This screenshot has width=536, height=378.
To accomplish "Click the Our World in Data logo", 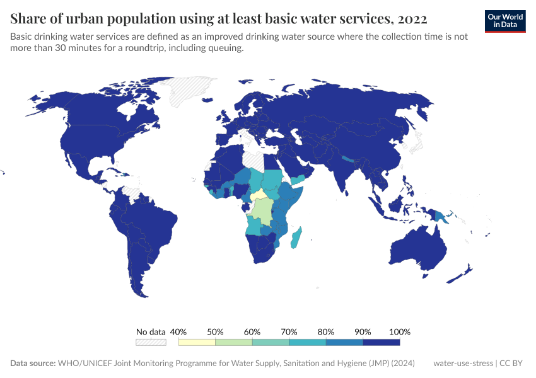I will (x=504, y=21).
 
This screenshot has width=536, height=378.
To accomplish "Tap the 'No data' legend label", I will (x=151, y=331).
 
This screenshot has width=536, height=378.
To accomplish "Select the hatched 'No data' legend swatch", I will (x=151, y=342).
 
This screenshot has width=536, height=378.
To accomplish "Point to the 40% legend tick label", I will (x=178, y=331).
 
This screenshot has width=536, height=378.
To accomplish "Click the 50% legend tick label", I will (x=216, y=331).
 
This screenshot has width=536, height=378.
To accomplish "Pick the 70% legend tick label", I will (x=289, y=331).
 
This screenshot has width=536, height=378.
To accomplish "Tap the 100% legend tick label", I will (x=400, y=331).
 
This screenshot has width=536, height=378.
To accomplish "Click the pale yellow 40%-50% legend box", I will (x=197, y=342).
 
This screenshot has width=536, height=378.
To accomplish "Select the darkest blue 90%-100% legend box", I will (x=382, y=342).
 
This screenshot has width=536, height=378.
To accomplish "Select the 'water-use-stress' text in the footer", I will (x=463, y=364).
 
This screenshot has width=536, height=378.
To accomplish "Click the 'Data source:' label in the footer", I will (x=33, y=364).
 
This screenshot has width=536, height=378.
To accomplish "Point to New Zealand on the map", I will (x=464, y=272).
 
